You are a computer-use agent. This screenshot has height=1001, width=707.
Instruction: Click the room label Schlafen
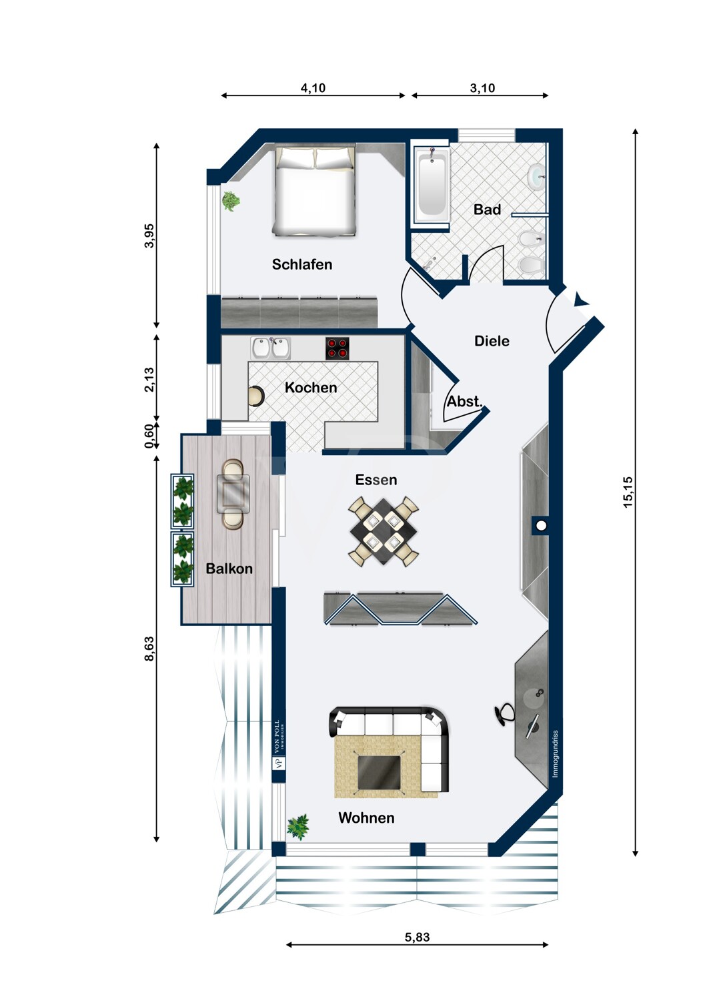302,264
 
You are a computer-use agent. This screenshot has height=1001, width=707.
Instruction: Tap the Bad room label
487,209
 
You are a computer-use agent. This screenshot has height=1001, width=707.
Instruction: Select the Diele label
492,341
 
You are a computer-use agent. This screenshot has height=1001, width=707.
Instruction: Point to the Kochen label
311,388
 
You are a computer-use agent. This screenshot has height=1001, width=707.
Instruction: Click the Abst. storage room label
465,401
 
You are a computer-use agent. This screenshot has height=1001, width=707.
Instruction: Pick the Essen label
376,480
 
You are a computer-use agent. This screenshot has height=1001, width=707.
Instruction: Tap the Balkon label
229,569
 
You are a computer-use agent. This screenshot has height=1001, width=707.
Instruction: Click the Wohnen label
366,817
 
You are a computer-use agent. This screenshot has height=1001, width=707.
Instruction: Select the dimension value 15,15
628,492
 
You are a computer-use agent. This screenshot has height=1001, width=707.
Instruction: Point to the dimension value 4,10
313,88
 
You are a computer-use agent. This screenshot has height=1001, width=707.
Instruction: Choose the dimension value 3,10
482,88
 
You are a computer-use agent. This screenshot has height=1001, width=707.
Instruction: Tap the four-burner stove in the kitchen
337,348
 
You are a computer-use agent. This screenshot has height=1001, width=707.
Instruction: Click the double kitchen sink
271,348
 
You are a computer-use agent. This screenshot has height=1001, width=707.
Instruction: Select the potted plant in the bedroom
231,201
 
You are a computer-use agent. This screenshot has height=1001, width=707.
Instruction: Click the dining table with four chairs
384,531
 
